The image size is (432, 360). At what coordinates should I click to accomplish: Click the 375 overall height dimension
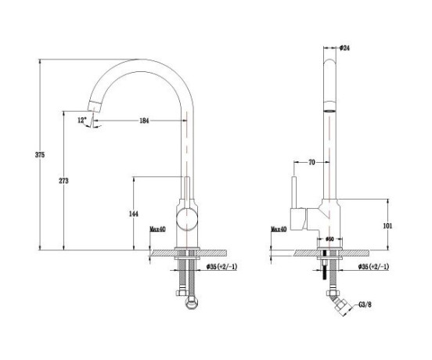[x=40, y=155]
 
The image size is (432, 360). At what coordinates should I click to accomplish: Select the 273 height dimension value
[x=63, y=181]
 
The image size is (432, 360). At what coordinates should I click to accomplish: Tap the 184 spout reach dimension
[x=144, y=121]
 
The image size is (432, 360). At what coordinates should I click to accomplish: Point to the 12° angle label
[x=82, y=120]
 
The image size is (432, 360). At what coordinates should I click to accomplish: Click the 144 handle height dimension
[x=134, y=214]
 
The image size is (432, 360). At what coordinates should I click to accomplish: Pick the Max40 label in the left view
[x=157, y=229]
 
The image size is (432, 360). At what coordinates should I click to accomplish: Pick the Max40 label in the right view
[x=279, y=229]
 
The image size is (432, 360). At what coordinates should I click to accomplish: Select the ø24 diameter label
[x=344, y=48]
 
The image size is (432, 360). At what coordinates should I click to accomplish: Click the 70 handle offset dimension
[x=311, y=163]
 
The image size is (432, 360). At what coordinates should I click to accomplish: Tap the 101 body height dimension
[x=387, y=226]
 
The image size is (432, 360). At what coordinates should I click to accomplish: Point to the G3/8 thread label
[x=365, y=304]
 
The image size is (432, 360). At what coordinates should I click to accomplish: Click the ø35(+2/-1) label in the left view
[x=221, y=267]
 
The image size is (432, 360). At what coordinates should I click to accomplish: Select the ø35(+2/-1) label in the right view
[x=373, y=267]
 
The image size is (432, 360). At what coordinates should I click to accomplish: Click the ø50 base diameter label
[x=329, y=239]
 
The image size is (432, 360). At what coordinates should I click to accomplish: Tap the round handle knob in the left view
[x=187, y=219]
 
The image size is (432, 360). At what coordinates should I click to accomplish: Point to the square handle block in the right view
[x=299, y=220]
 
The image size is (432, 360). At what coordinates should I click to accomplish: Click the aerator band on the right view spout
[x=329, y=106]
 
